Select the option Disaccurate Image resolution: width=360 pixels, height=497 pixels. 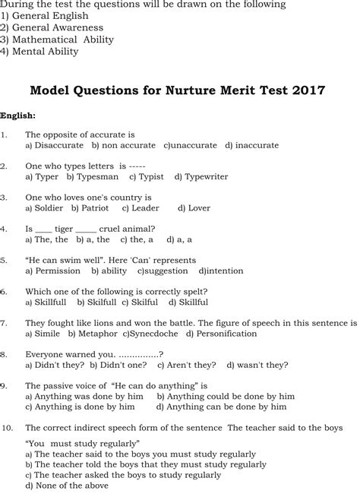pyautogui.click(x=53, y=144)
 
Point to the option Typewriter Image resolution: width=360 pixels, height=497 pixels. pyautogui.click(x=205, y=176)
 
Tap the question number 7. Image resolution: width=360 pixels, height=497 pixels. pyautogui.click(x=5, y=322)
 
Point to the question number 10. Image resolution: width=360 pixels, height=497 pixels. pyautogui.click(x=7, y=427)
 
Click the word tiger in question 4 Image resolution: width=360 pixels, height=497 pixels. pyautogui.click(x=63, y=228)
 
